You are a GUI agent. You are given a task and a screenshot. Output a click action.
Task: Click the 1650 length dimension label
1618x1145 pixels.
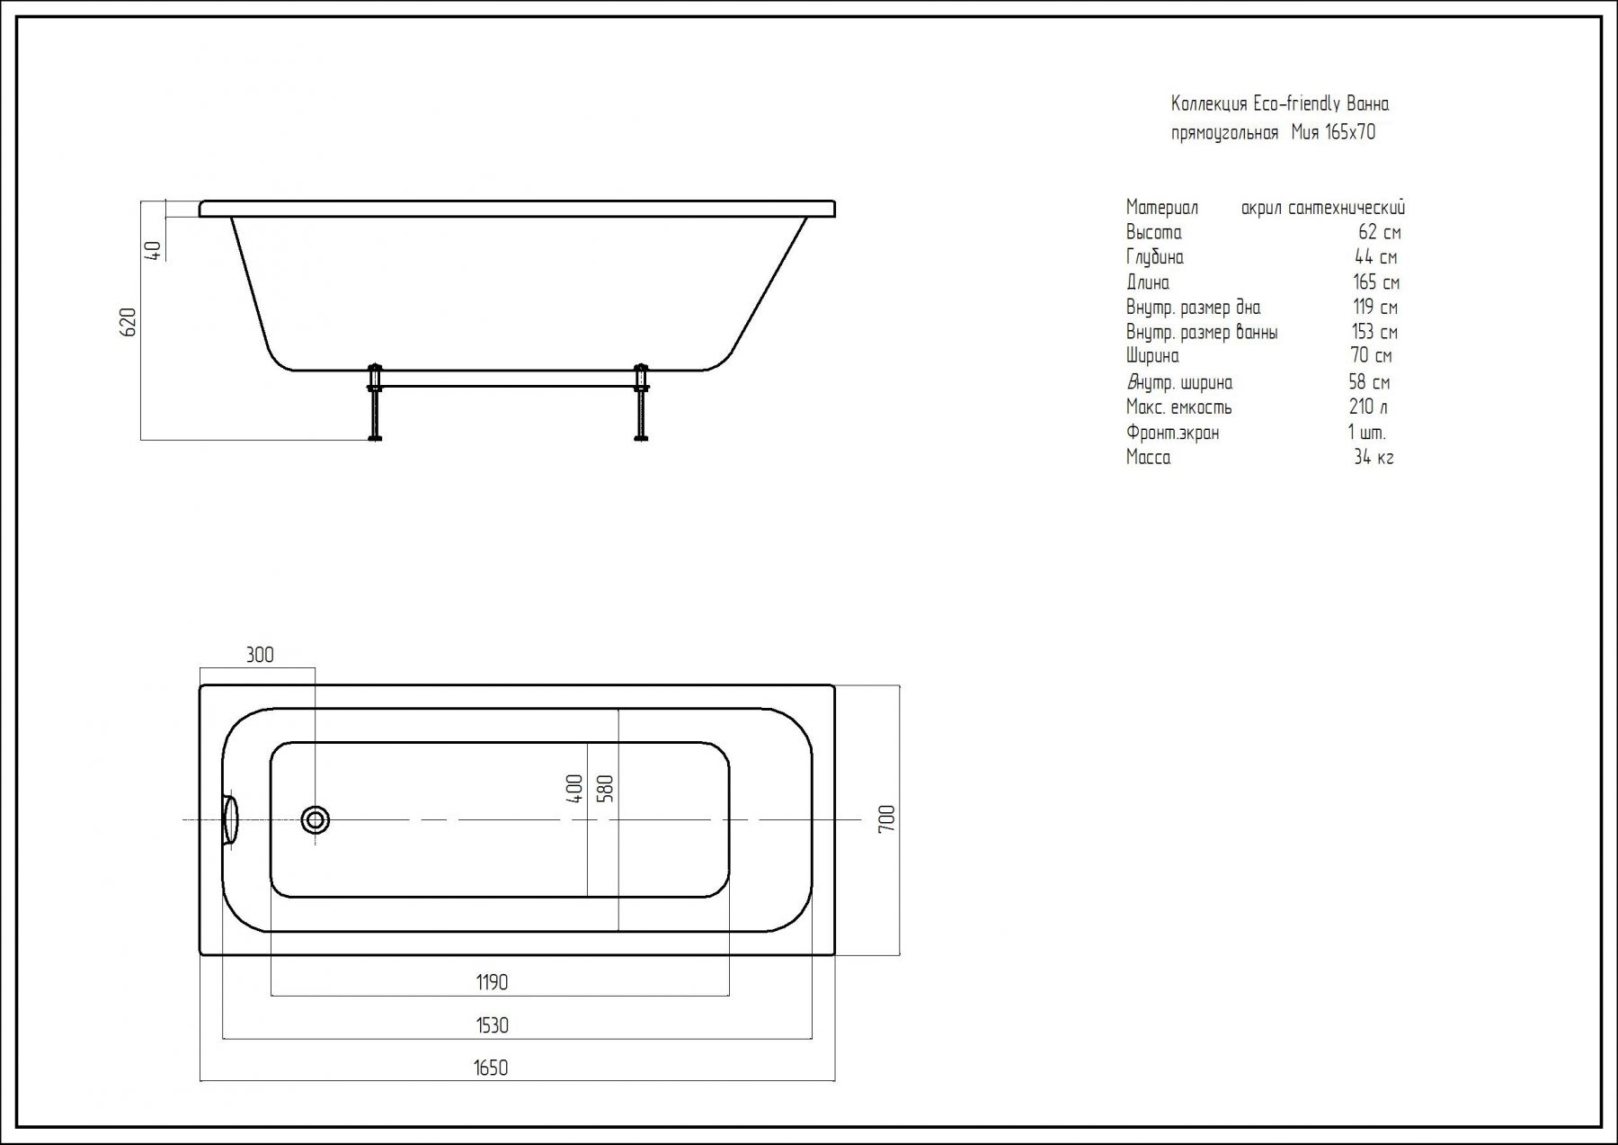[491, 1068]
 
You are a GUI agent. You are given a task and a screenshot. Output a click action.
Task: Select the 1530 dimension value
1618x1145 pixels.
[492, 1025]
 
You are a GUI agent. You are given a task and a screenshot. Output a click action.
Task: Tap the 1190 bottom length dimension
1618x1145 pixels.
[492, 982]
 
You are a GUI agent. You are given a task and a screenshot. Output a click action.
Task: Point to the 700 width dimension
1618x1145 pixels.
[886, 818]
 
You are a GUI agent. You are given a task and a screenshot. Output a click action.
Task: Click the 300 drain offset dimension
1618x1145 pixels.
[260, 655]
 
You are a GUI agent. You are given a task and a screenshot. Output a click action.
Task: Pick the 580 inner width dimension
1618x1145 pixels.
[605, 789]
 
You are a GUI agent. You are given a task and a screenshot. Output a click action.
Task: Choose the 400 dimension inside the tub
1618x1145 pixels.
[574, 789]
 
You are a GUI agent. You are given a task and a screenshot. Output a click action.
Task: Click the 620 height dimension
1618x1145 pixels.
[129, 322]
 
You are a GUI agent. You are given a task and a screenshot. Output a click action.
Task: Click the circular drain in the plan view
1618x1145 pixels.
[316, 819]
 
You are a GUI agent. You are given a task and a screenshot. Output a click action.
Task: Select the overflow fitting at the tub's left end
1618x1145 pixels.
[230, 820]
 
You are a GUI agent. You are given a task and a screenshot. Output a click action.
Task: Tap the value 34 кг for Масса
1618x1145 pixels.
[1374, 457]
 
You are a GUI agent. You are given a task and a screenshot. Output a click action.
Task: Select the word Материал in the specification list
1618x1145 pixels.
[1161, 208]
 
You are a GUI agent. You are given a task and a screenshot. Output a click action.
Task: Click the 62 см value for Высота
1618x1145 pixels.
[1380, 232]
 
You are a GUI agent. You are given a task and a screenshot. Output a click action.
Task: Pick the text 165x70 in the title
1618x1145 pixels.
[1350, 132]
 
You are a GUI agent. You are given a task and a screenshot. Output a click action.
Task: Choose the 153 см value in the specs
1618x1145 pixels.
[1374, 332]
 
